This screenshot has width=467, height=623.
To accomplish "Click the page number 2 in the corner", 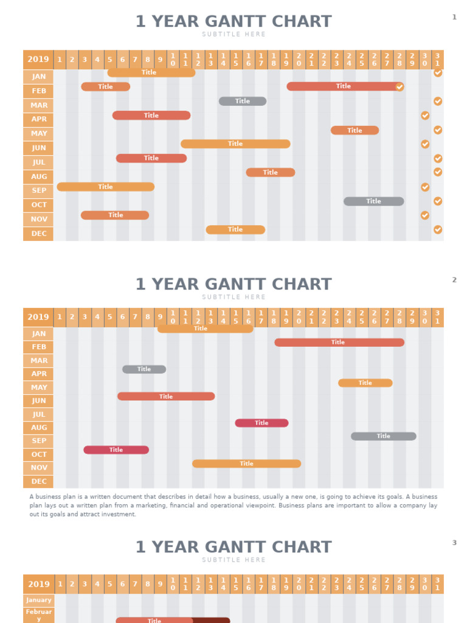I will [x=454, y=280].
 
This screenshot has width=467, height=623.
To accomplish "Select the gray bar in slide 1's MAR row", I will [x=243, y=101].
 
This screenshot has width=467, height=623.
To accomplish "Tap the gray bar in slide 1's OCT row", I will [x=373, y=201].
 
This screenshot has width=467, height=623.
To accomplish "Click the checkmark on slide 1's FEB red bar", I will [x=400, y=87].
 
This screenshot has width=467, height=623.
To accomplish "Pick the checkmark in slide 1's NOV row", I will [x=425, y=215].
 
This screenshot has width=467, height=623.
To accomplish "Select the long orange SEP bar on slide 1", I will [x=106, y=187].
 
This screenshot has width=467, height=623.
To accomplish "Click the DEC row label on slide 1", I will [x=38, y=234].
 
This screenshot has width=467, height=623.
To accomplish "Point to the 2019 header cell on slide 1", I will [x=38, y=60].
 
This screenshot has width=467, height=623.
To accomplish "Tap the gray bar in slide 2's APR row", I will [x=144, y=369].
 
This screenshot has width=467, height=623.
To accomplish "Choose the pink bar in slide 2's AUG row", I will [x=261, y=423].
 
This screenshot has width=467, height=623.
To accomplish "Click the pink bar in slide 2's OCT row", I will [x=116, y=450].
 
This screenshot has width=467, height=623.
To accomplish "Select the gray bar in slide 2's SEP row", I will [x=383, y=436].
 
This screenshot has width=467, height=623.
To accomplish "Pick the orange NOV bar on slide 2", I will [x=246, y=464].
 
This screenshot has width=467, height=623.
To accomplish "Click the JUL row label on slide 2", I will [x=38, y=414].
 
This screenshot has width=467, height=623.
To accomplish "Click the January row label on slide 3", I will [x=39, y=600].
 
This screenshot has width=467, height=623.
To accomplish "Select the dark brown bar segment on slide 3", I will [x=212, y=621].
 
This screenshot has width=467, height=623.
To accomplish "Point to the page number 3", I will [x=454, y=543].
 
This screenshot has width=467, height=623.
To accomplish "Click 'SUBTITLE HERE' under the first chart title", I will [x=233, y=35].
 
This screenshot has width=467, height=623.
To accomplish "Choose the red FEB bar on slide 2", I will [x=339, y=343].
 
